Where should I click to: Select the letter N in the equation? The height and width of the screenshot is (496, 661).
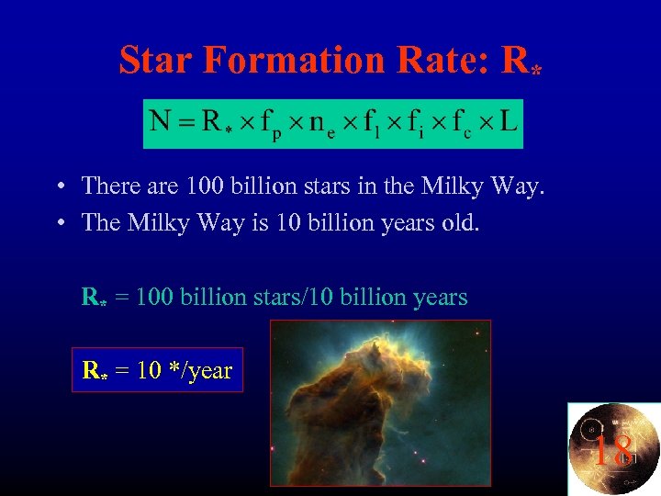(162, 123)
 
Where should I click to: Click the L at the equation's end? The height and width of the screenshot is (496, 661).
(507, 123)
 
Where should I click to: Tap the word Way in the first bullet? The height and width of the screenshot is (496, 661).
(521, 186)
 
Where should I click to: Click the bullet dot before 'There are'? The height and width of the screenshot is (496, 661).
(58, 187)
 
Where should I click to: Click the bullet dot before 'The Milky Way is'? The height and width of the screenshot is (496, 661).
(58, 223)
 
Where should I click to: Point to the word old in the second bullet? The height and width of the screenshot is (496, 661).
(458, 223)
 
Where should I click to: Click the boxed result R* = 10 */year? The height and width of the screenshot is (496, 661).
(157, 370)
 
